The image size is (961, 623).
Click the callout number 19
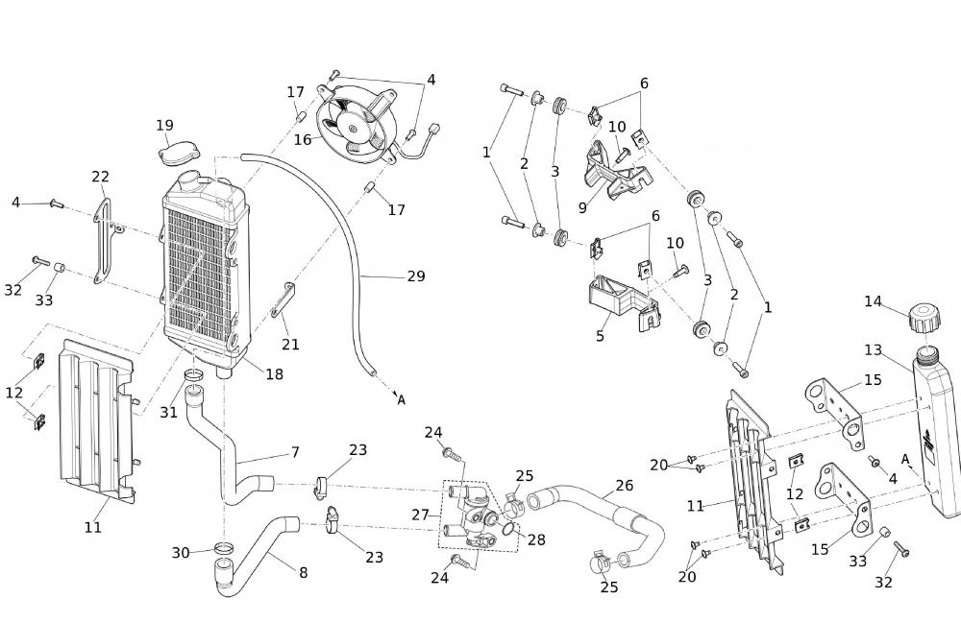pyautogui.click(x=164, y=126)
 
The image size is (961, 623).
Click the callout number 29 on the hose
pyautogui.click(x=415, y=276)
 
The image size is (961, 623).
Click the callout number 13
pyautogui.click(x=873, y=350)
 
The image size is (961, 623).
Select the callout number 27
pyautogui.click(x=420, y=515)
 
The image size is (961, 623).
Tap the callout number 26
pyautogui.click(x=625, y=486)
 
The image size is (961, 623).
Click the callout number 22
pyautogui.click(x=101, y=177)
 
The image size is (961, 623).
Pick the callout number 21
pyautogui.click(x=290, y=344)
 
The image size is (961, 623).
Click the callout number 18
pyautogui.click(x=275, y=375)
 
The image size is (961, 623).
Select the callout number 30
pyautogui.click(x=181, y=553)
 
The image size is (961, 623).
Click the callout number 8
pyautogui.click(x=303, y=573)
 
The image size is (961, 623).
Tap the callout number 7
pyautogui.click(x=295, y=452)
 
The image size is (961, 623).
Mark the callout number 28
pyautogui.click(x=536, y=540)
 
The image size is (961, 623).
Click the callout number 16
pyautogui.click(x=303, y=140)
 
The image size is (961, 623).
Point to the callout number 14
pyautogui.click(x=873, y=301)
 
